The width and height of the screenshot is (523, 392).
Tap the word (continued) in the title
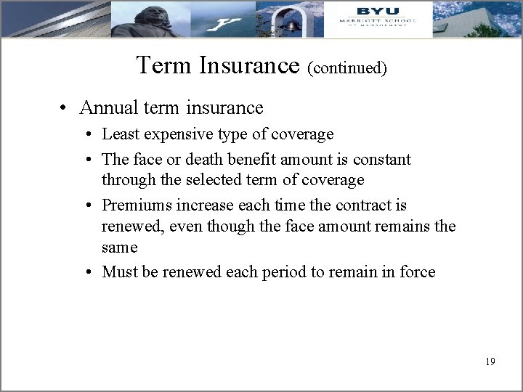pos(346,68)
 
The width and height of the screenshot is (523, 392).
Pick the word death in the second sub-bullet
pos(221,159)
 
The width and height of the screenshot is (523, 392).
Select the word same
pos(120,248)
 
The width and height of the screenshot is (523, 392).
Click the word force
pos(415,272)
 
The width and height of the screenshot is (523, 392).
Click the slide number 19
pos(490,362)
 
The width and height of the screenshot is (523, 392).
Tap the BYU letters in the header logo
pos(378,10)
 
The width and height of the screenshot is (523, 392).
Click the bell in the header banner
pos(292,25)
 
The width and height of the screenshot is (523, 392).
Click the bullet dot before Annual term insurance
pos(65,109)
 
